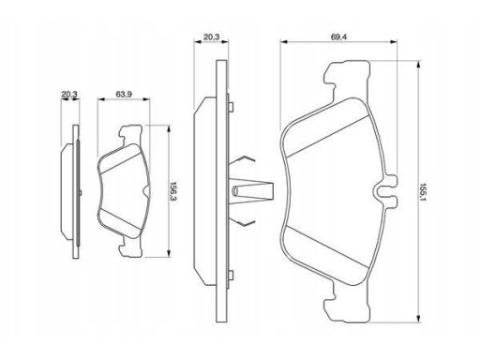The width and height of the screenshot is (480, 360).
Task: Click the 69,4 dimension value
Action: click(x=338, y=37)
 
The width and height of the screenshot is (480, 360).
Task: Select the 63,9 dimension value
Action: click(x=124, y=94)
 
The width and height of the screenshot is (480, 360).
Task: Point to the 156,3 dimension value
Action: click(x=173, y=191)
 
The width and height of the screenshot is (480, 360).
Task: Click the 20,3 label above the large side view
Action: click(x=212, y=37)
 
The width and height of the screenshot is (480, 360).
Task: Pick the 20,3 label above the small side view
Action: click(x=69, y=94)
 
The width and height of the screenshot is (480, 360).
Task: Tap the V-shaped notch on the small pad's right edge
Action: click(x=146, y=190)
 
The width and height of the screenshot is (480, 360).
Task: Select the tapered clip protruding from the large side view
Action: click(x=252, y=190)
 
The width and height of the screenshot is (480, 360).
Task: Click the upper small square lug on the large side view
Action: click(x=231, y=107)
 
